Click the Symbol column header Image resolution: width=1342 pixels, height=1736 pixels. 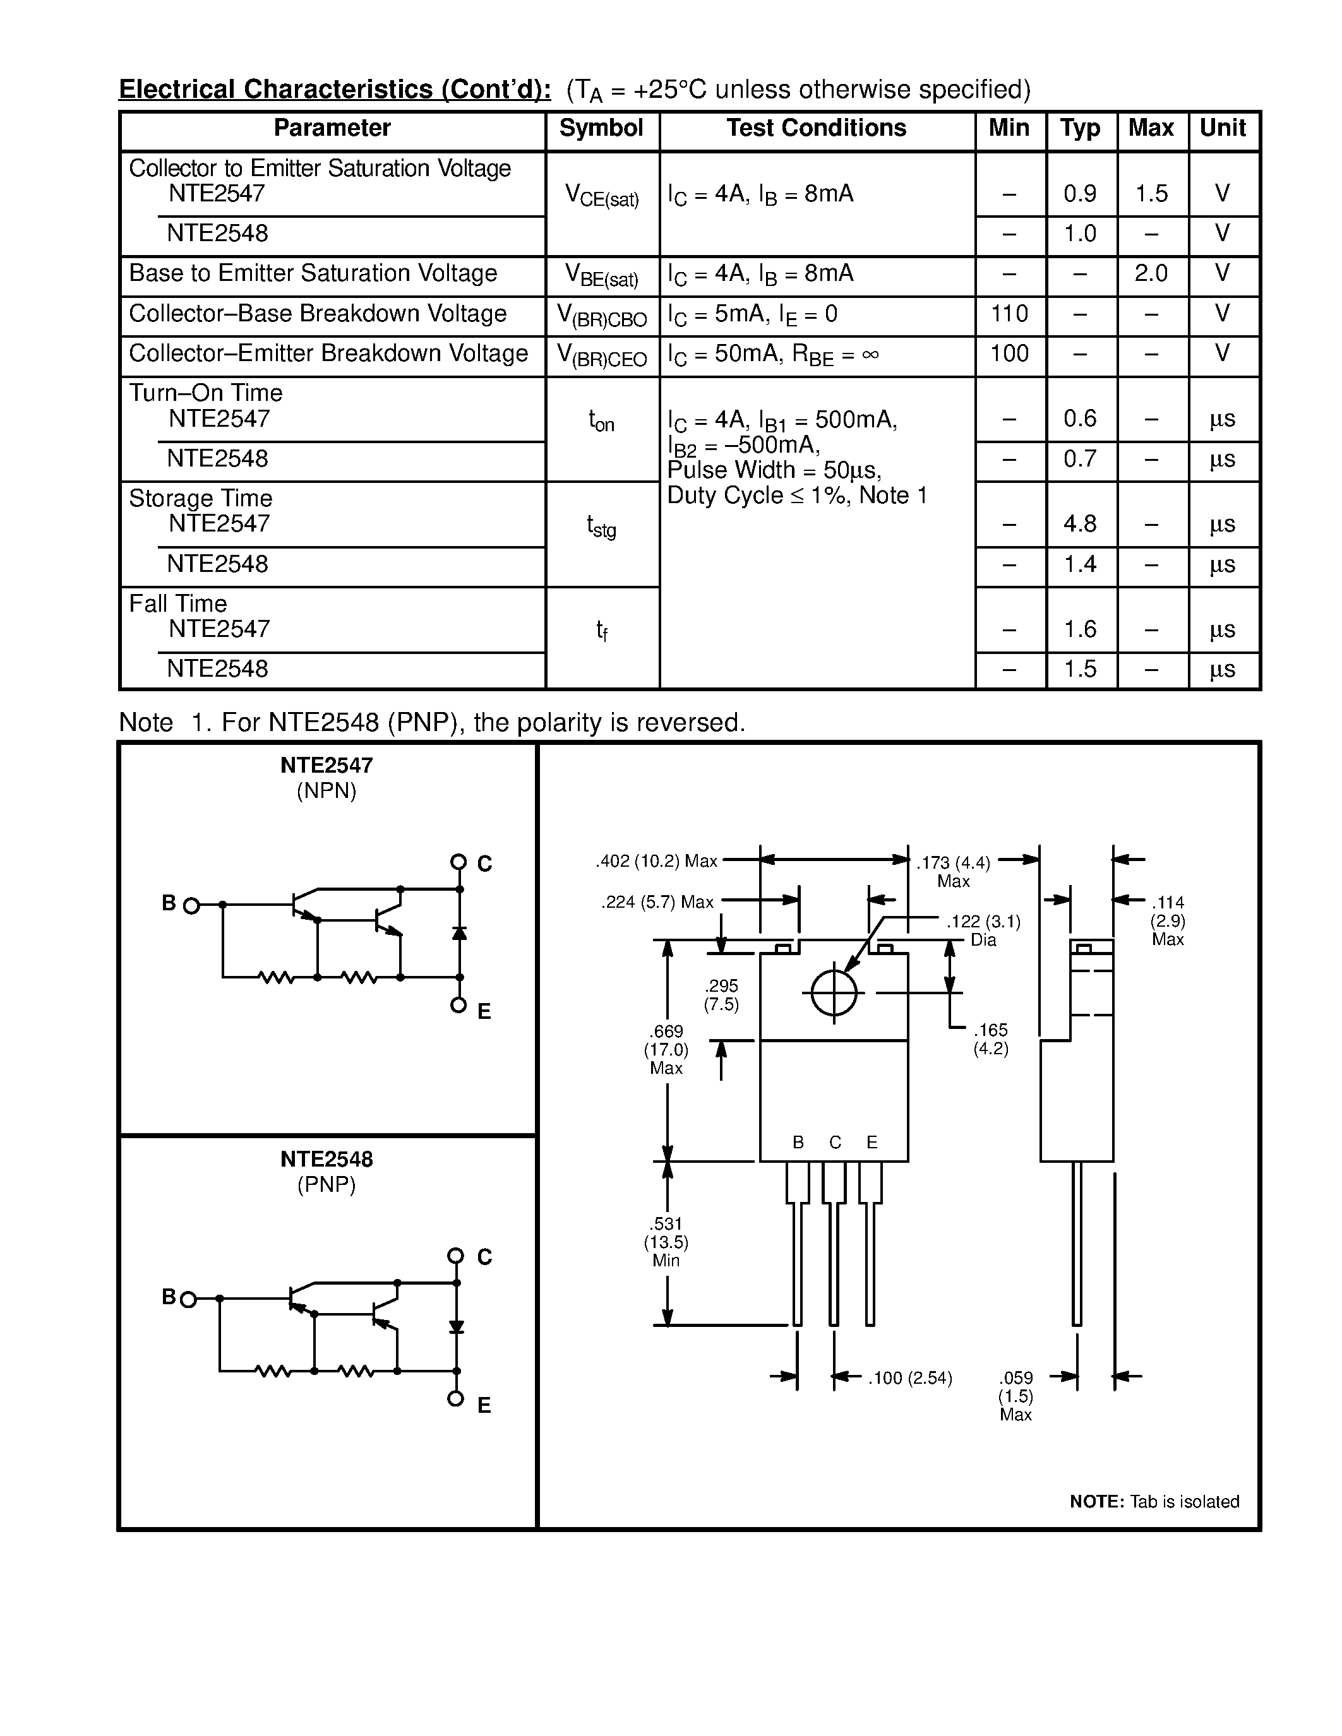click(x=601, y=129)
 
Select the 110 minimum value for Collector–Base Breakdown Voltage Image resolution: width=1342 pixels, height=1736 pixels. click(x=1009, y=314)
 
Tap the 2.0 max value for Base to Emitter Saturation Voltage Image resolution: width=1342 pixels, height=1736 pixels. click(x=1151, y=273)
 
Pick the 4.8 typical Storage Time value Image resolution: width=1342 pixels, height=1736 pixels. click(x=1080, y=524)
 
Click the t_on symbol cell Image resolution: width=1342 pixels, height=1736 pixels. click(x=601, y=420)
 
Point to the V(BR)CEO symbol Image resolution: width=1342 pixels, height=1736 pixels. click(x=602, y=355)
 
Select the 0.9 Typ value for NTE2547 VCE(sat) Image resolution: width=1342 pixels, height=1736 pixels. click(x=1080, y=193)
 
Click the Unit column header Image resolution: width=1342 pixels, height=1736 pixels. click(x=1223, y=129)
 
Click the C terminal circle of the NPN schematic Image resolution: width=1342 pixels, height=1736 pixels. click(x=458, y=862)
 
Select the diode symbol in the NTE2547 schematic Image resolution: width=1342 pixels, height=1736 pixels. click(x=458, y=932)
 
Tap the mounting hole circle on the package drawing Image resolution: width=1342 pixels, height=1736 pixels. click(x=834, y=993)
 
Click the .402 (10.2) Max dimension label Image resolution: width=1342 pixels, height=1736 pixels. click(x=656, y=861)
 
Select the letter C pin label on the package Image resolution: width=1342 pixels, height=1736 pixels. click(x=835, y=1142)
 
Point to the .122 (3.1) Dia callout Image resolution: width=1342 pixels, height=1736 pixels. click(x=983, y=930)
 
